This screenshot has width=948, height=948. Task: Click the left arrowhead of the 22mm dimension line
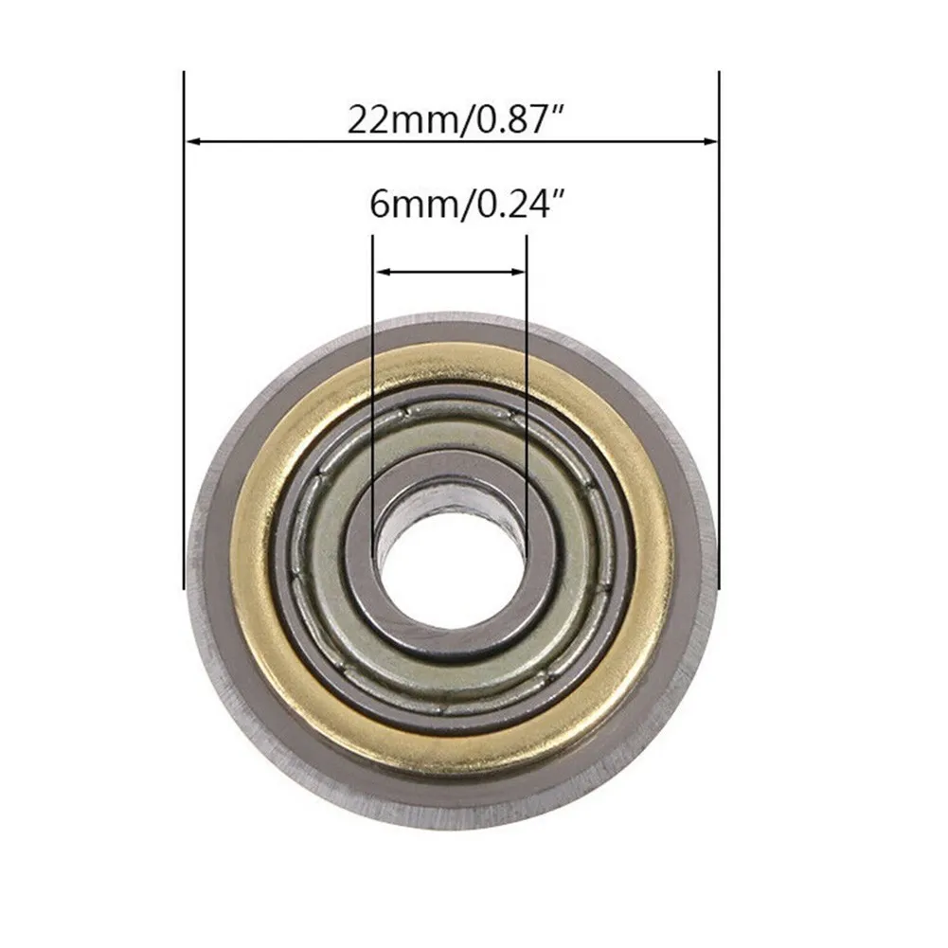coord(192,142)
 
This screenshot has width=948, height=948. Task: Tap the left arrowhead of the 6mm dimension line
coord(381,273)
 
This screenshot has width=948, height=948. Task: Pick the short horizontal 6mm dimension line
coord(449,273)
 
